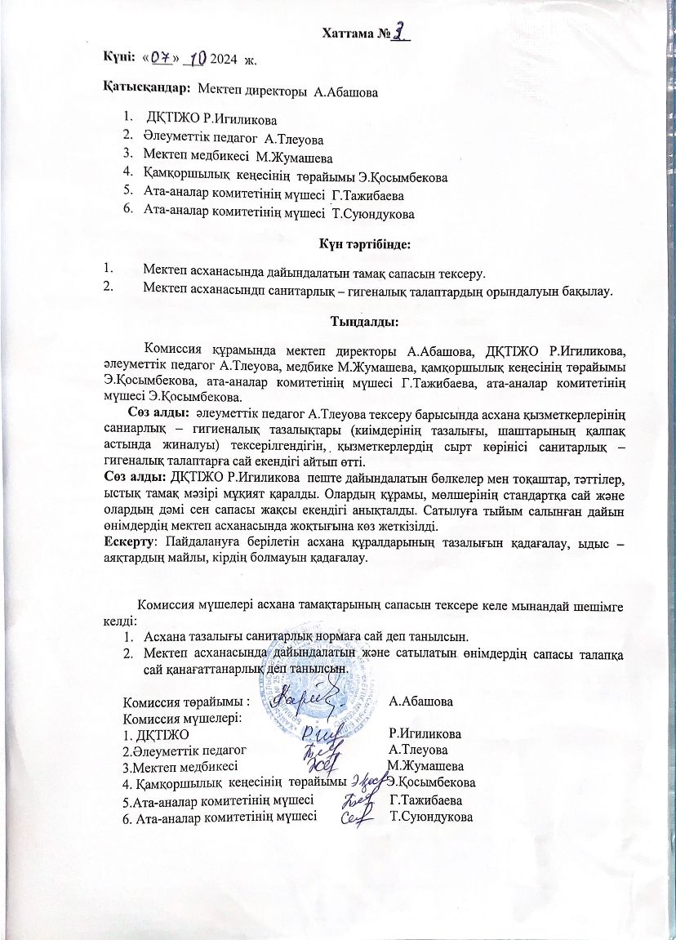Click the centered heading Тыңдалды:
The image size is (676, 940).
point(364,322)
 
